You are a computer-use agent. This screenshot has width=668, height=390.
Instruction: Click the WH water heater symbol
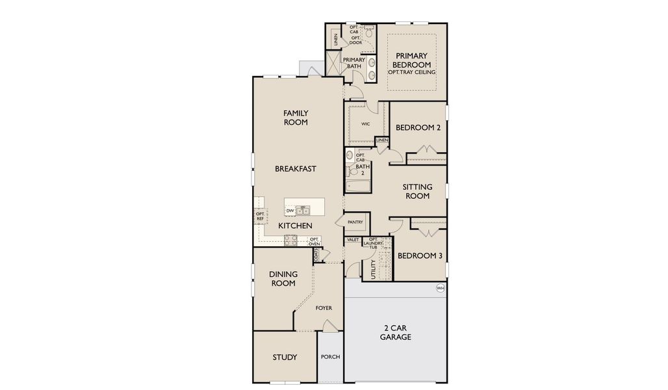click(x=441, y=288)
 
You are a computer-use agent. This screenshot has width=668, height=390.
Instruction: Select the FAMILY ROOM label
click(x=296, y=118)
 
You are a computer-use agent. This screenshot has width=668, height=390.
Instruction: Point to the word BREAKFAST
click(x=296, y=169)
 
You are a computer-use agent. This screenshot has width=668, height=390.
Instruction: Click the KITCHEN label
click(x=296, y=226)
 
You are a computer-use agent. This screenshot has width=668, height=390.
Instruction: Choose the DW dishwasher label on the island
click(x=290, y=211)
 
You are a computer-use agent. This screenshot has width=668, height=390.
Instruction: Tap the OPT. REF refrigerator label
click(x=260, y=216)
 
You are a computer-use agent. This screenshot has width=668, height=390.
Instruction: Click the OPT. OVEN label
click(x=315, y=241)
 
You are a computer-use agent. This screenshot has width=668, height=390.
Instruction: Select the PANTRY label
click(x=355, y=222)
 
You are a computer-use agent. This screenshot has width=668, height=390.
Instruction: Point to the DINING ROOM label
click(x=283, y=278)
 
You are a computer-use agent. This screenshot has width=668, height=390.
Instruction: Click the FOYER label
click(x=324, y=308)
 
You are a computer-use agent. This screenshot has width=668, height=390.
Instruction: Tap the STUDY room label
click(x=285, y=357)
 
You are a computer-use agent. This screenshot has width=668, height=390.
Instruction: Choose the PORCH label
click(x=330, y=357)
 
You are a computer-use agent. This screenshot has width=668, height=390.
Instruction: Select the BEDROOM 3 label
click(x=420, y=256)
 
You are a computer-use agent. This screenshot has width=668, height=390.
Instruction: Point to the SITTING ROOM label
click(x=417, y=191)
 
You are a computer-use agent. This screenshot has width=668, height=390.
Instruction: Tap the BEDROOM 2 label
click(x=418, y=128)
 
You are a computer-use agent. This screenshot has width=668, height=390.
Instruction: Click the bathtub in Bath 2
click(x=357, y=187)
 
